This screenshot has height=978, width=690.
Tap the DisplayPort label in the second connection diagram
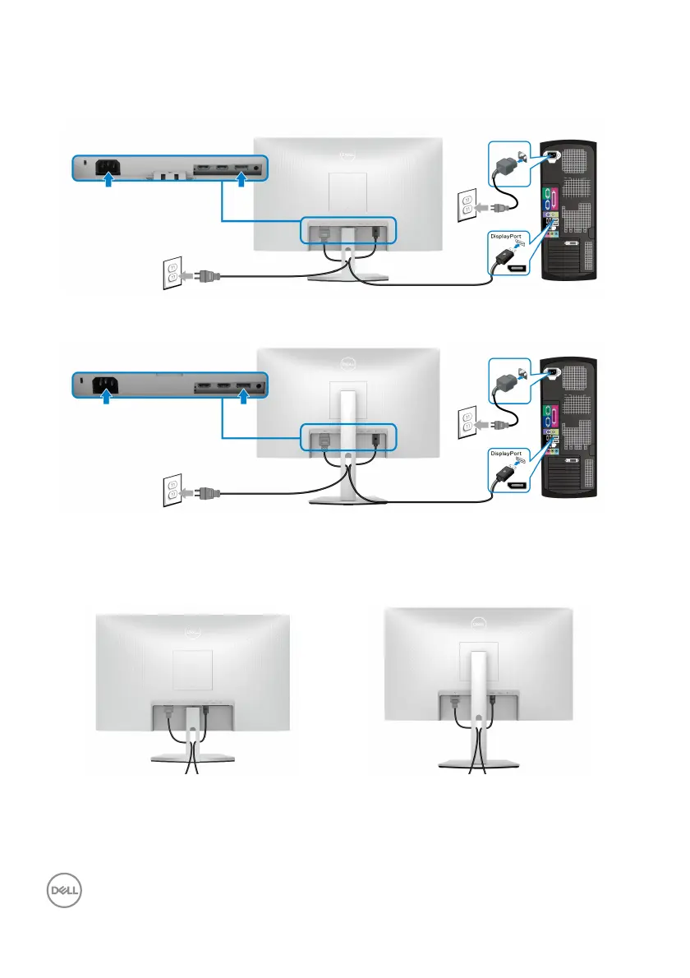tap(504, 453)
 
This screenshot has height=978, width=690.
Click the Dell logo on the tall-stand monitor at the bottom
tap(479, 621)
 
